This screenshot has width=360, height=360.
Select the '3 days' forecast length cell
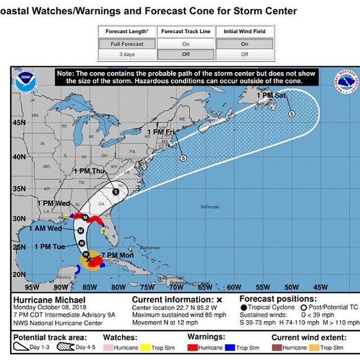point(127,55)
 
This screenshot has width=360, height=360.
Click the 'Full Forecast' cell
point(127,44)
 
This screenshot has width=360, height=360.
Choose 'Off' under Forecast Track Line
point(186,55)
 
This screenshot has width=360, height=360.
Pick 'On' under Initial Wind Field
point(245,44)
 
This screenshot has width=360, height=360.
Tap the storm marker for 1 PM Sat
point(292,114)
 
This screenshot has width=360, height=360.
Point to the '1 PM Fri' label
point(161,132)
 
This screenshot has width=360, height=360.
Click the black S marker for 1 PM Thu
point(116,192)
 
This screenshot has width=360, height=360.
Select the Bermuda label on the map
point(209,207)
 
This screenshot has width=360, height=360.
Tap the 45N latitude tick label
point(19,123)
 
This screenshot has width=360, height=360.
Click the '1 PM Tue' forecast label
point(51,246)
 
